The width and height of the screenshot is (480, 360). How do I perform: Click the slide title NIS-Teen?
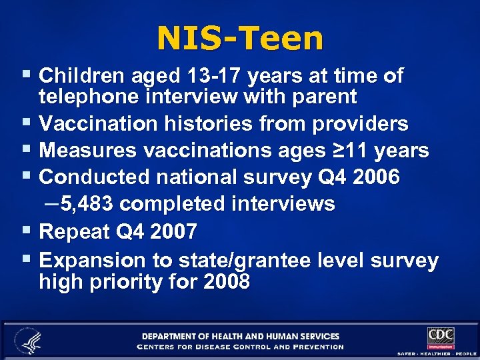pos(240,38)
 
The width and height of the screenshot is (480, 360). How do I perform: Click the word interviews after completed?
pos(283,203)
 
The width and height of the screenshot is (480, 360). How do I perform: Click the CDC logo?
pos(441,336)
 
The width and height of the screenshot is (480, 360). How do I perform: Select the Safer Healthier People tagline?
pos(436,353)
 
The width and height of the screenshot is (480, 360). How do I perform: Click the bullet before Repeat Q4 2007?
pos(25,232)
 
